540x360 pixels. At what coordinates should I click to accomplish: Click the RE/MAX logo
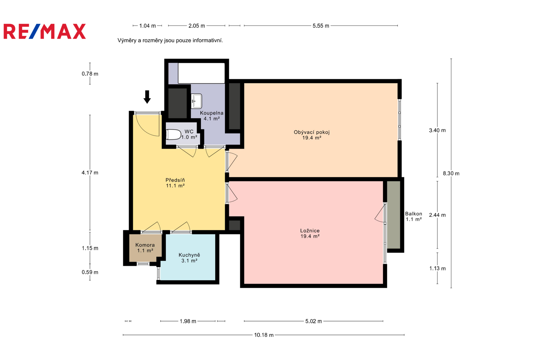(x=45, y=31)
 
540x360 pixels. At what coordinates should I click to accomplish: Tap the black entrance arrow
(x=147, y=97)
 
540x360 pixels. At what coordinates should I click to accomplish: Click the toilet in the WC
(x=173, y=135)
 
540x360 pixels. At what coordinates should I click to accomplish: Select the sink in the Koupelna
(x=196, y=101)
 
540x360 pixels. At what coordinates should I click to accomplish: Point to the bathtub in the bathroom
(x=201, y=73)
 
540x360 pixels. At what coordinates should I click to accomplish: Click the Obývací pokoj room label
(x=312, y=135)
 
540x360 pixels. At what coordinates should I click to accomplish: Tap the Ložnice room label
(x=310, y=233)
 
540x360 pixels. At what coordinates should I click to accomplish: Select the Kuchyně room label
(x=189, y=258)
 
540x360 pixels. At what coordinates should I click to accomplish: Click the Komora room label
(x=145, y=248)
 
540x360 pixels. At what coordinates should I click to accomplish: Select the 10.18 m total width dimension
(x=264, y=335)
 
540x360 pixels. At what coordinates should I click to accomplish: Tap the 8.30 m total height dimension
(x=451, y=173)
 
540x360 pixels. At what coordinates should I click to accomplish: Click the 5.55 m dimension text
(x=321, y=26)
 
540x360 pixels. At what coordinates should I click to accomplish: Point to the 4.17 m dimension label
(x=90, y=173)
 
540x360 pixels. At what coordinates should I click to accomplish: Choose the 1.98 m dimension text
(x=188, y=321)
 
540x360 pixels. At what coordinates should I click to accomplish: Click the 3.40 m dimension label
(x=437, y=130)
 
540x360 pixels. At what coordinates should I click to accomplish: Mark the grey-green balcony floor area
(x=394, y=215)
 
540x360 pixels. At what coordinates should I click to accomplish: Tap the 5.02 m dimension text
(x=314, y=321)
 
